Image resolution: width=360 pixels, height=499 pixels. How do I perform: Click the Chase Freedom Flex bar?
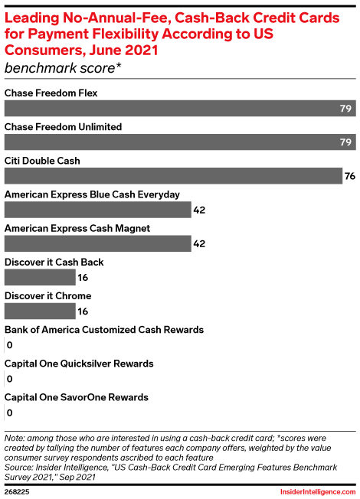pos(180,108)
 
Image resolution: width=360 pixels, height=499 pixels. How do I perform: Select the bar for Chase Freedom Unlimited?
pos(180,142)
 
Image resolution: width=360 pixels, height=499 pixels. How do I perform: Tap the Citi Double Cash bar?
pos(173,176)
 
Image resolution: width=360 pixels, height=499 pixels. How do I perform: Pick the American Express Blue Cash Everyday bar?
pos(98,210)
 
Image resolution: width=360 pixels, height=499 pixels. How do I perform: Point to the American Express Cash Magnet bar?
pos(98,243)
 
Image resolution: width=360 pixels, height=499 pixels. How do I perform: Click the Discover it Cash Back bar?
pos(40,277)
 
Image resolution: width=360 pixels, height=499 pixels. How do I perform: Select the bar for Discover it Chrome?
pos(40,311)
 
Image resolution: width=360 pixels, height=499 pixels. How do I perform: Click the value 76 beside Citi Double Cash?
pos(350,176)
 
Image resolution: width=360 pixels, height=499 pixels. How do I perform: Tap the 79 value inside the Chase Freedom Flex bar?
pos(345,109)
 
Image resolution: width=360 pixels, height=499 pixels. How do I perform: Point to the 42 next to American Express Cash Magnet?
pos(199,244)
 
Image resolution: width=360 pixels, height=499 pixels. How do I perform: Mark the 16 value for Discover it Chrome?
pos(83,311)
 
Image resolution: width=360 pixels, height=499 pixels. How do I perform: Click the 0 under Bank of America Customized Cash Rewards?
pos(9,345)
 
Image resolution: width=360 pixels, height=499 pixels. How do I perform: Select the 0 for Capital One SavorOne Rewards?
pos(9,413)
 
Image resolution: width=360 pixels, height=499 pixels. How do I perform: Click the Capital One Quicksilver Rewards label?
pos(79,364)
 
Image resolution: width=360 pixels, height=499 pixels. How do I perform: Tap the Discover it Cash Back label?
pos(54,262)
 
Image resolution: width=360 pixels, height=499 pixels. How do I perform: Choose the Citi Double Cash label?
pos(42,161)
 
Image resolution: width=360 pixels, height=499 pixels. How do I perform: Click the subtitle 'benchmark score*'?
pos(63,68)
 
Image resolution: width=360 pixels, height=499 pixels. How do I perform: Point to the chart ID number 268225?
pos(17,491)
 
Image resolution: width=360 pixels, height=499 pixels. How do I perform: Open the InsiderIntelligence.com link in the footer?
pos(318,491)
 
